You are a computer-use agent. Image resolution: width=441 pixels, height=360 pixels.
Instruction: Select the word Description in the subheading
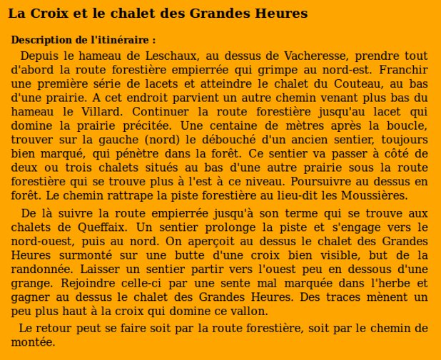pos(40,40)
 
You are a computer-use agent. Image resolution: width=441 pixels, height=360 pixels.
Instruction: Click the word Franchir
pos(403,70)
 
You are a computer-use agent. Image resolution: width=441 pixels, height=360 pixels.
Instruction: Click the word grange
pos(30,283)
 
